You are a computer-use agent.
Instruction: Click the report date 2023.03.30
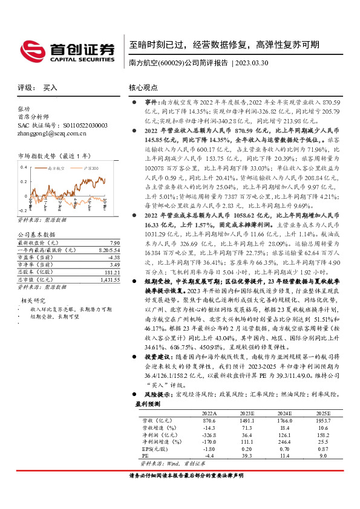tap(253, 62)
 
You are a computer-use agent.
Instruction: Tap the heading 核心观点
tap(143, 88)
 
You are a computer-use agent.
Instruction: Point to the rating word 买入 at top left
tap(50, 88)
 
